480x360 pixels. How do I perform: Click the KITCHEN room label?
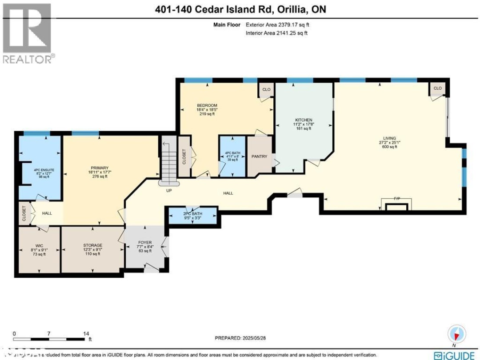point(304,120)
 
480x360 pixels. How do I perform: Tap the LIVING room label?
point(387,138)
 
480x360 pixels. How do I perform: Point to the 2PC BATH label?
point(192,214)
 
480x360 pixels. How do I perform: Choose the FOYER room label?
point(145,243)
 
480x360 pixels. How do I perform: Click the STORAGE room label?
point(92,245)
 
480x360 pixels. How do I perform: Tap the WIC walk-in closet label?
point(39,245)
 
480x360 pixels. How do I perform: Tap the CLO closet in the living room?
point(438,88)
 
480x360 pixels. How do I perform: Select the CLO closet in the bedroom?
point(266,89)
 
